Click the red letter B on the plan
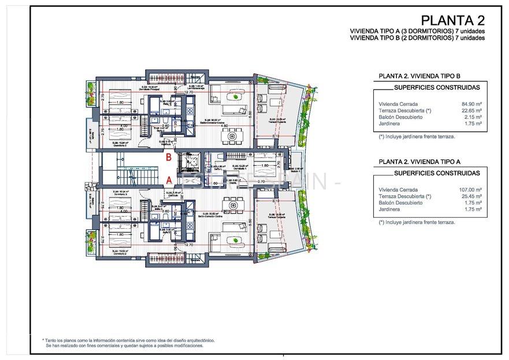pyautogui.click(x=169, y=157)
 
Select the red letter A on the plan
pyautogui.click(x=169, y=179)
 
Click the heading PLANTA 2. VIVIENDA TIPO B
pyautogui.click(x=419, y=76)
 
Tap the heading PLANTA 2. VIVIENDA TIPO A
pyautogui.click(x=419, y=162)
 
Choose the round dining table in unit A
pyautogui.click(x=232, y=203)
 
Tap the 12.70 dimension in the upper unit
pyautogui.click(x=189, y=92)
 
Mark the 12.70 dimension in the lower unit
pyautogui.click(x=189, y=244)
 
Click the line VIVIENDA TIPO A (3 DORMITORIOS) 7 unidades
pyautogui.click(x=417, y=31)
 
